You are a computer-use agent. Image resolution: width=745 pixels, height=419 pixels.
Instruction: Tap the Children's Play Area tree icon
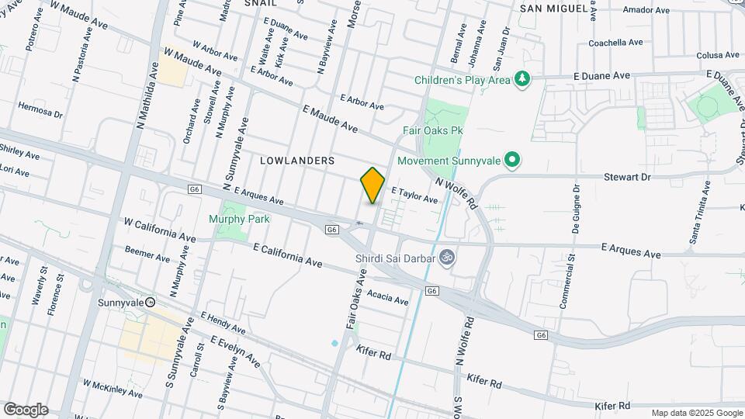pos(524,79)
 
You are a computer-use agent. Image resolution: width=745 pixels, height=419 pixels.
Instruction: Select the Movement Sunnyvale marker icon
pos(511,161)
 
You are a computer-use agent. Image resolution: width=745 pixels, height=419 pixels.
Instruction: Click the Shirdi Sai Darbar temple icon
pos(446,257)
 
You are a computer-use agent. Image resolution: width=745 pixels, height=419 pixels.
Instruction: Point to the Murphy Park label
pos(239,219)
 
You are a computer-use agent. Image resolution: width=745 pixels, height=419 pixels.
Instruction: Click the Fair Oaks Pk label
pos(427,131)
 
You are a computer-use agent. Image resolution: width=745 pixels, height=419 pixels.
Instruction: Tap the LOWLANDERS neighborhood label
pos(297,161)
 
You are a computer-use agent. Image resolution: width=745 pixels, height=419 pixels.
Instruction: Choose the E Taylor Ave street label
pos(414,195)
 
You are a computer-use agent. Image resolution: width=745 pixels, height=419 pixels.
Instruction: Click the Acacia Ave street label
pos(388,297)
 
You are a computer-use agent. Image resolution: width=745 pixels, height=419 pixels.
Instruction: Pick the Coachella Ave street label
pos(616,43)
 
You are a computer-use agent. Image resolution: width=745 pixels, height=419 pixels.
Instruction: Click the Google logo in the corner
pos(26,410)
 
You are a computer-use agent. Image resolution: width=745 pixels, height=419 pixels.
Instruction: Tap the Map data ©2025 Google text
pos(696,413)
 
